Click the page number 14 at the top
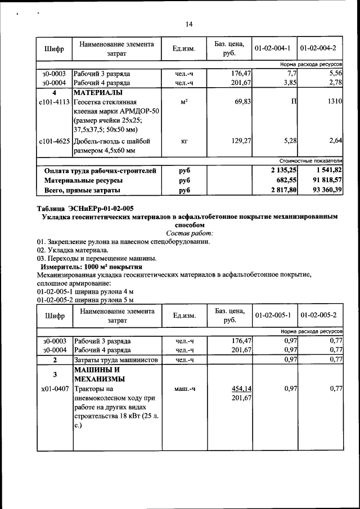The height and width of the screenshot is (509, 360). pos(189,24)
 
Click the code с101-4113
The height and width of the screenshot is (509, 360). pos(55,102)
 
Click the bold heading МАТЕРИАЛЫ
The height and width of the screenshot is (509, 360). pos(98,92)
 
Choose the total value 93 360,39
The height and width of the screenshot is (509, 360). pos(322,190)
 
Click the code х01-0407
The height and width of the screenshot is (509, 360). pos(55,389)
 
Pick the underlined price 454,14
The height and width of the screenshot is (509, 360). pos(241,389)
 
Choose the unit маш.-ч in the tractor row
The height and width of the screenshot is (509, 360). pos(184,389)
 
